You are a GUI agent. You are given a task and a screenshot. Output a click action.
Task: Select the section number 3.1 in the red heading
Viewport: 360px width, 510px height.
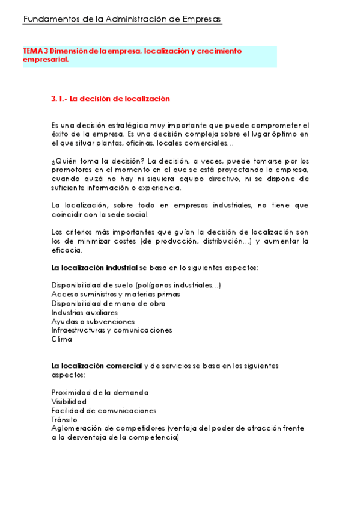(x=59, y=99)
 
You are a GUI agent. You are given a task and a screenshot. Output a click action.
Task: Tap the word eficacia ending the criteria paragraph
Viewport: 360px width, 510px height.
(x=66, y=250)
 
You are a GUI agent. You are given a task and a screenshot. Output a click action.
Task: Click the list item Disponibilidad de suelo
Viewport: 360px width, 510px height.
(x=93, y=285)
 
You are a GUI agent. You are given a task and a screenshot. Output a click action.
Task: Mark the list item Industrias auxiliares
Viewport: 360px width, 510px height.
(x=84, y=312)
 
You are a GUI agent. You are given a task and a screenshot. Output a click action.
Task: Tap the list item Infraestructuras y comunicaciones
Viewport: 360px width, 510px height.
(x=112, y=330)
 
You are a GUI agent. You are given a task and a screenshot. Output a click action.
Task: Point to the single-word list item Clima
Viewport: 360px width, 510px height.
(x=61, y=339)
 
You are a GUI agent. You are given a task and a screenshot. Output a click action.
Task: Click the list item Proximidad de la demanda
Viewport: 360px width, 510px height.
(x=100, y=392)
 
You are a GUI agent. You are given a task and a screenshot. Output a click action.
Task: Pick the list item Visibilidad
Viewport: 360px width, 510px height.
(x=69, y=401)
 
